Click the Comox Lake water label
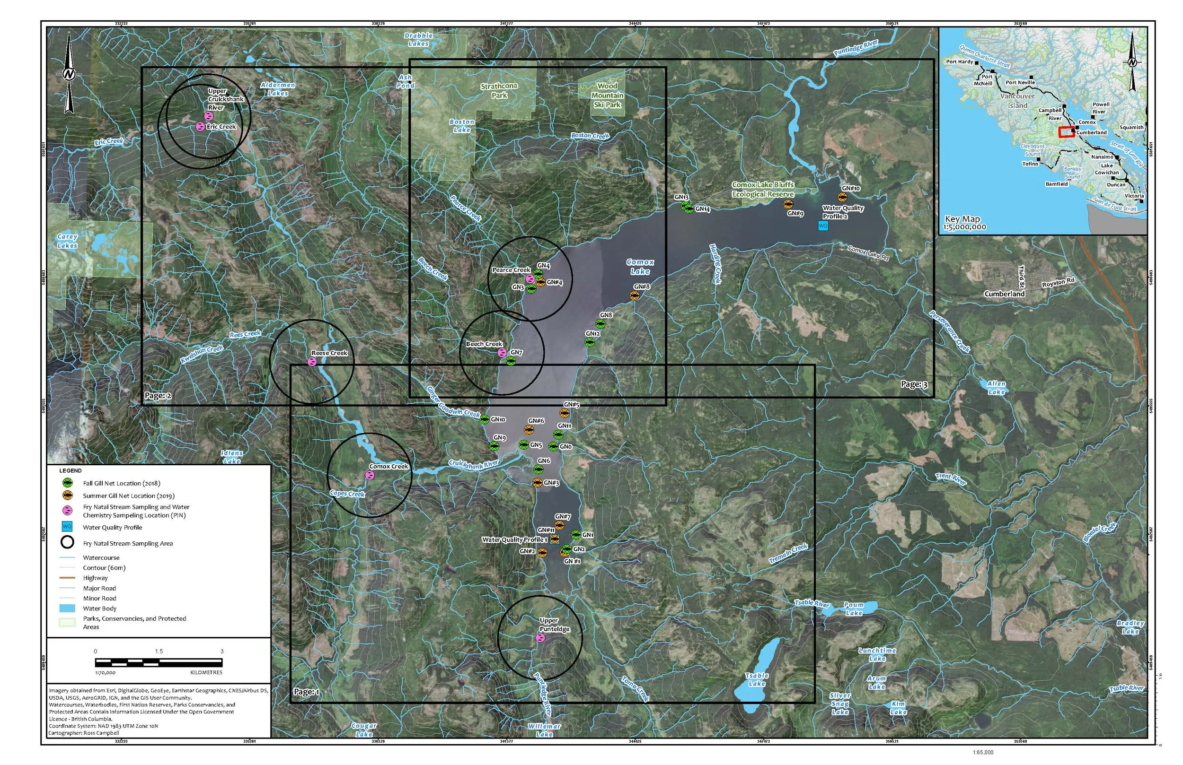click(640, 267)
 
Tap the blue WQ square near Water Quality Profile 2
click(823, 226)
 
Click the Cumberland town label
click(1004, 294)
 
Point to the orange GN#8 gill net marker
click(634, 296)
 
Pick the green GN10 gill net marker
click(485, 419)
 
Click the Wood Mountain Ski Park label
click(607, 96)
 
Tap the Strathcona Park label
click(499, 90)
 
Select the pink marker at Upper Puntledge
click(540, 638)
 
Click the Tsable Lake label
click(757, 679)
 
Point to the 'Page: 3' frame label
click(914, 384)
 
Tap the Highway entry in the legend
click(95, 578)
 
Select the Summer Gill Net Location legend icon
click(67, 495)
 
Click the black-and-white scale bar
click(159, 662)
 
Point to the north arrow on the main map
click(69, 75)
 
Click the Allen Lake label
click(996, 388)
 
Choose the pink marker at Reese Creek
click(312, 362)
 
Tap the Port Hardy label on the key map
click(959, 61)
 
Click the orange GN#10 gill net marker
click(842, 197)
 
